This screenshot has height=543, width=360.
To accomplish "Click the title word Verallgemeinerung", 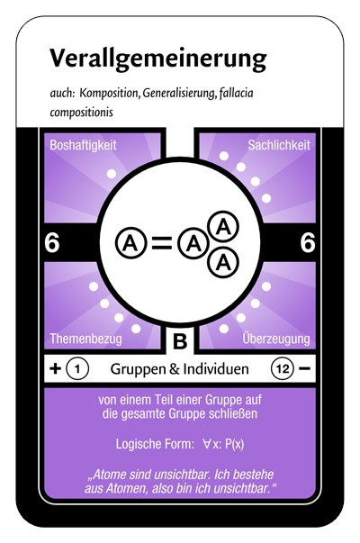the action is (x=157, y=59).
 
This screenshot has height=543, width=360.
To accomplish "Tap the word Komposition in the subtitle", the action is (x=109, y=93).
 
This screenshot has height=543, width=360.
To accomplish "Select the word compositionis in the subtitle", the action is (x=81, y=113).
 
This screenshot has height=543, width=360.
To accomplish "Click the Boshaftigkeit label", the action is (x=83, y=145).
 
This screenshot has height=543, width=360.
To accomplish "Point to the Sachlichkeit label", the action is (x=279, y=145).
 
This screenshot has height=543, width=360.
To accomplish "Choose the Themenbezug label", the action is (x=85, y=339).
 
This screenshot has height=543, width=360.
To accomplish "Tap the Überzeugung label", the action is (x=276, y=339).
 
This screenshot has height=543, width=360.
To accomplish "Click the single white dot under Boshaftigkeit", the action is (x=111, y=174).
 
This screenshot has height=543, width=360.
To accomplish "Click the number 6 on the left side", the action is (x=52, y=242).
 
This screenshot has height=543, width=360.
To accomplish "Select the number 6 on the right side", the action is (x=308, y=242).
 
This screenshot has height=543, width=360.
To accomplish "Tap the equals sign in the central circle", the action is (x=162, y=243).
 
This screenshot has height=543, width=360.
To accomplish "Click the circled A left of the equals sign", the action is (x=130, y=243).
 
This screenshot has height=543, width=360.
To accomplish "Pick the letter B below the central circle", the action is (x=180, y=341).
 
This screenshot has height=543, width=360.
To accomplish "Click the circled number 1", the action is (x=77, y=369).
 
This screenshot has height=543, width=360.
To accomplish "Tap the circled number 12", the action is (x=282, y=369).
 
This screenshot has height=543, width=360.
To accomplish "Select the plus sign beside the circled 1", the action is (x=56, y=369).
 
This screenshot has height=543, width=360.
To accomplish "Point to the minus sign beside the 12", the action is (x=304, y=369).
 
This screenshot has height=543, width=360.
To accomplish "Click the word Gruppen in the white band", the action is (x=138, y=369).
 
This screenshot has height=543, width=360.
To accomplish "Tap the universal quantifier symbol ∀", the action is (x=207, y=444).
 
